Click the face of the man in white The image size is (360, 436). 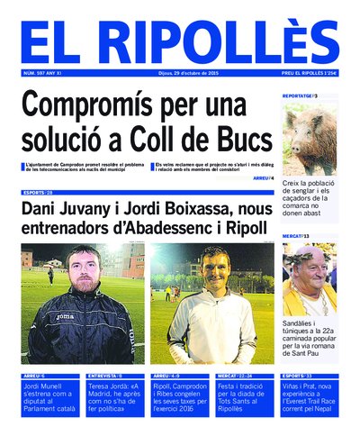tap(210, 268)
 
